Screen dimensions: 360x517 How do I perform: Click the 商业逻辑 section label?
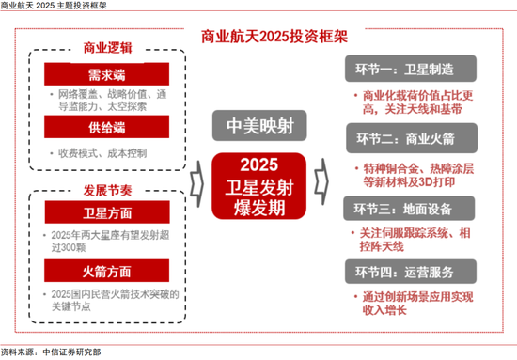pos(108,48)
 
